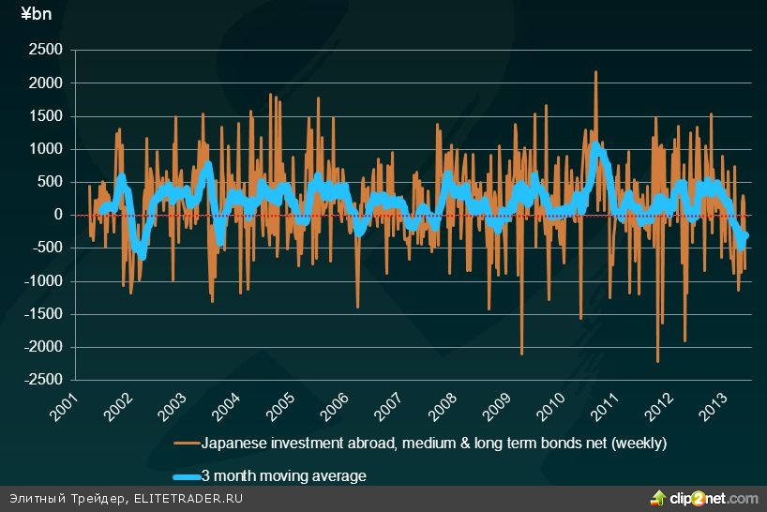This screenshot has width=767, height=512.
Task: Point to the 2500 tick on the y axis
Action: tap(46, 51)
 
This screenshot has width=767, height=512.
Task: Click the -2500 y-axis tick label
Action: tap(43, 380)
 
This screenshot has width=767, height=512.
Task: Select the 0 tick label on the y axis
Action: tap(57, 215)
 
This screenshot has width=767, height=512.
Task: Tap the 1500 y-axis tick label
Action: tap(46, 116)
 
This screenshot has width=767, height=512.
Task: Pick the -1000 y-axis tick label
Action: tap(43, 280)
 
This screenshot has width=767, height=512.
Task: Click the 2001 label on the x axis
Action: tap(65, 409)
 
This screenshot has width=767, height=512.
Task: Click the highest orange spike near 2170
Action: tap(595, 72)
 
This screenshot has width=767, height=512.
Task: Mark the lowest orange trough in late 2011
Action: tap(657, 361)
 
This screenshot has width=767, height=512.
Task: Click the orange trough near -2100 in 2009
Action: tap(521, 354)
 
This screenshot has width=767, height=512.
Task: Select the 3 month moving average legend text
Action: tap(284, 476)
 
